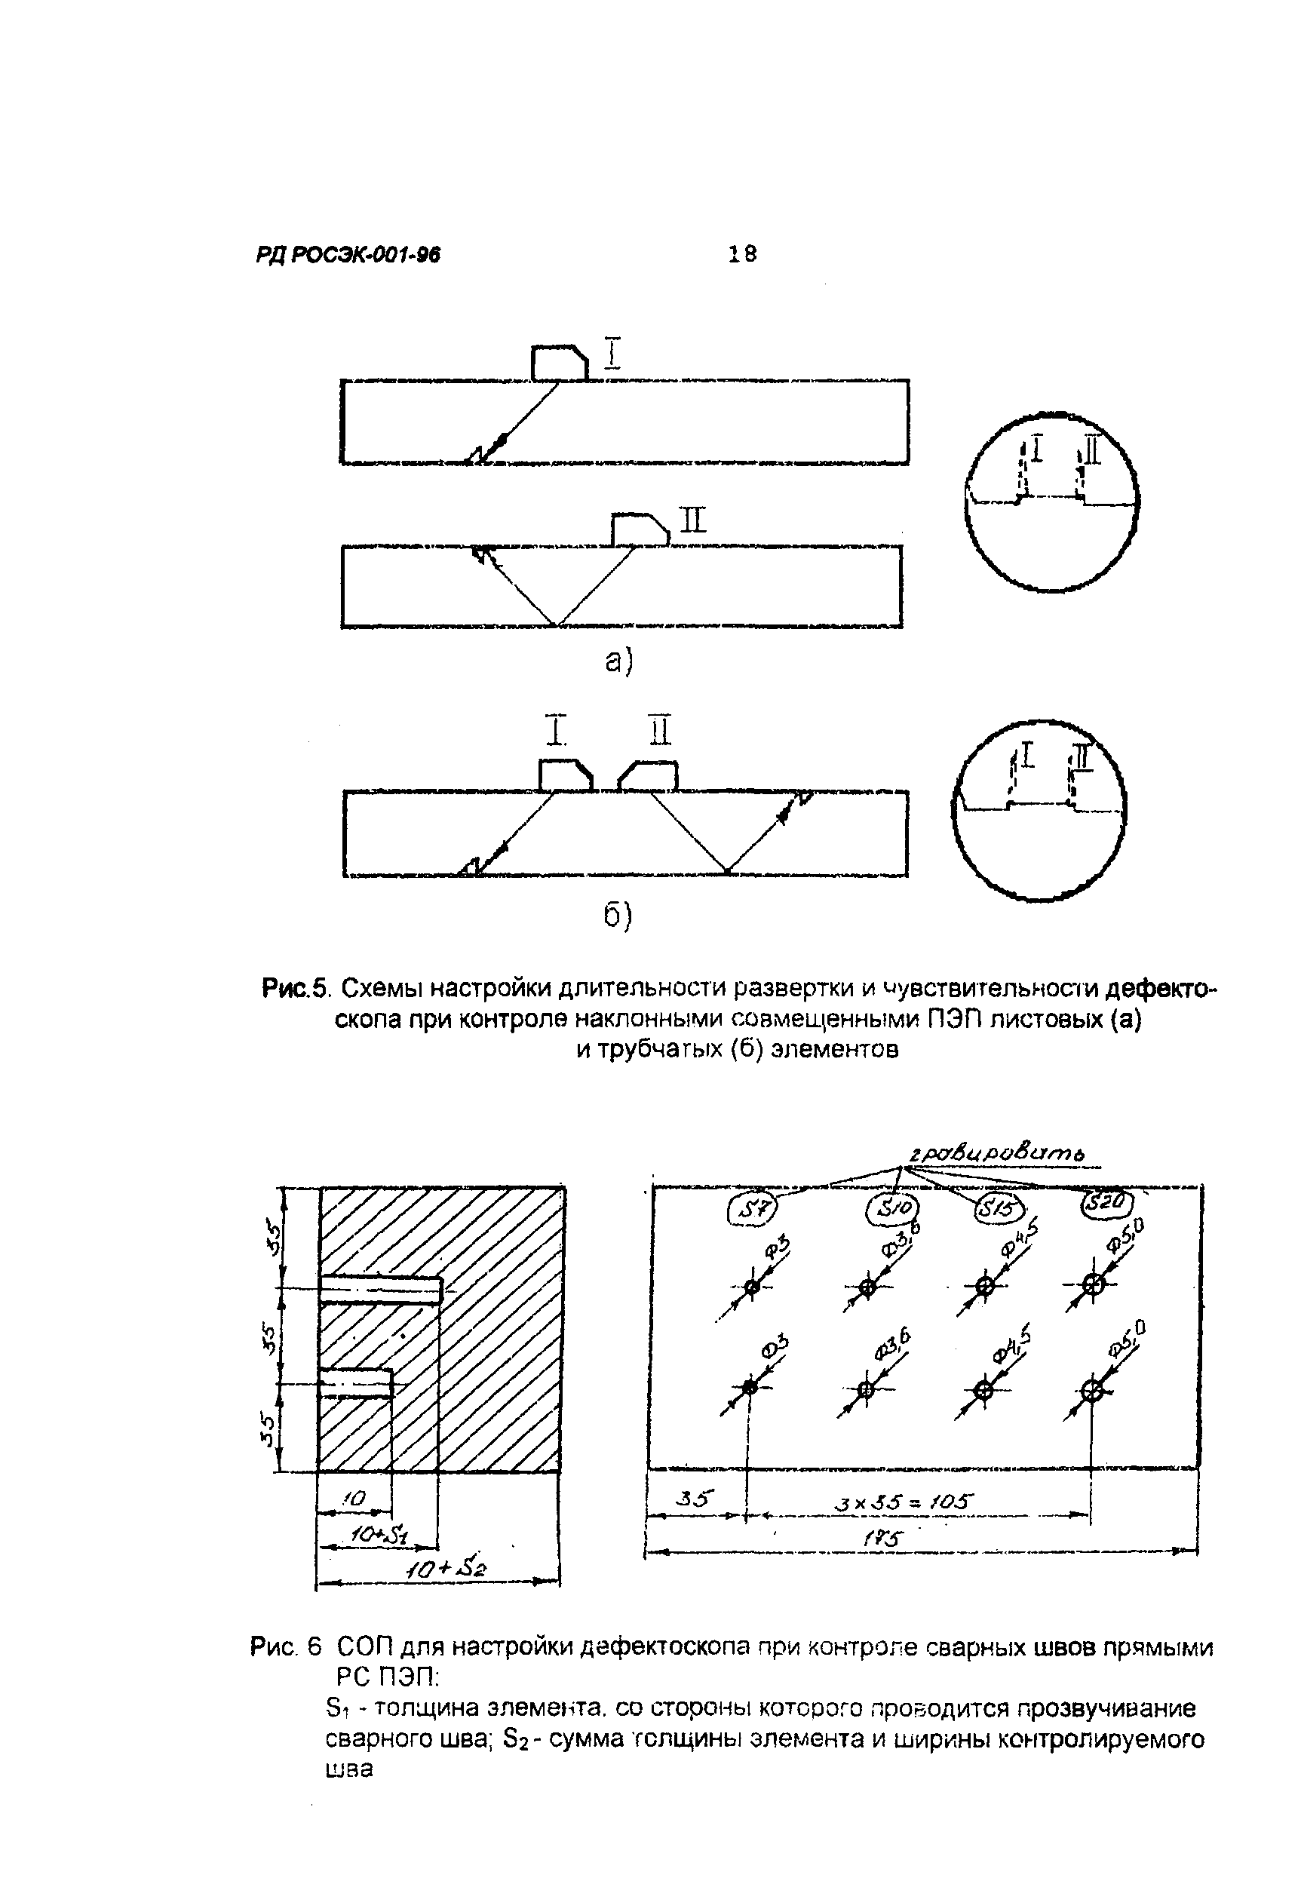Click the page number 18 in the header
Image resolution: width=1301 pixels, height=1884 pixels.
tap(742, 254)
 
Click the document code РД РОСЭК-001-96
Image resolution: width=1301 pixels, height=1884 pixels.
tap(348, 256)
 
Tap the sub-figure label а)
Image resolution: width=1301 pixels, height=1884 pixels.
tap(619, 663)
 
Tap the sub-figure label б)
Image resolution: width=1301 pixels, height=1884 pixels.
tap(618, 916)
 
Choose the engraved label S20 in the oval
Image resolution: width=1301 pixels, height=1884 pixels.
tap(1109, 1202)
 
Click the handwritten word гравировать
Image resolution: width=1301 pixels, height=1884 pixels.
tap(997, 1152)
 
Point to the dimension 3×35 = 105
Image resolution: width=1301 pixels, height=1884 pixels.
tap(904, 1500)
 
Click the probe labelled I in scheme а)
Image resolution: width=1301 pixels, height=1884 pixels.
tap(559, 363)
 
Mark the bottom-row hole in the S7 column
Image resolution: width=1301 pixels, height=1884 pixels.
tap(750, 1387)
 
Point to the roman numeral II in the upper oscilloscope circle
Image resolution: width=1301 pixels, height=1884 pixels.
tap(1092, 451)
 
